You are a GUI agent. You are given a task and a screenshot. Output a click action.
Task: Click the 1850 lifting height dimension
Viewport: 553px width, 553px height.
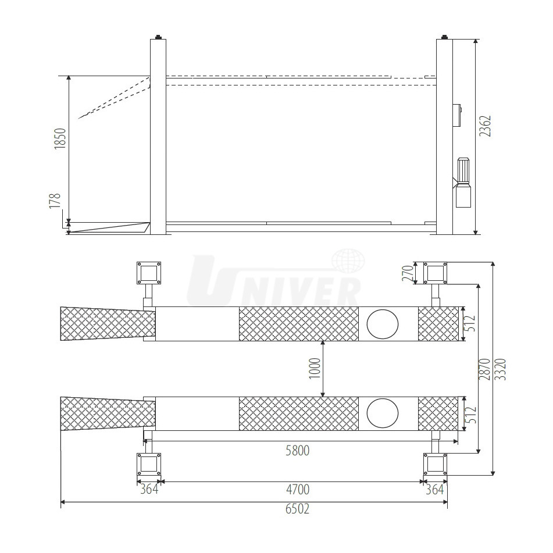click(60, 138)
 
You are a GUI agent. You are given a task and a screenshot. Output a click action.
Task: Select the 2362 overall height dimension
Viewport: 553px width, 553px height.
click(485, 126)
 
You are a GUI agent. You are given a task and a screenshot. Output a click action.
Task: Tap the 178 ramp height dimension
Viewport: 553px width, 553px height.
click(55, 201)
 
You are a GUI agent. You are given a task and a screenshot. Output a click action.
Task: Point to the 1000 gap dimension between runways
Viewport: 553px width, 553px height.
click(315, 369)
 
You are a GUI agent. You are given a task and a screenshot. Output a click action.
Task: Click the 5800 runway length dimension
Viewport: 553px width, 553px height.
click(297, 451)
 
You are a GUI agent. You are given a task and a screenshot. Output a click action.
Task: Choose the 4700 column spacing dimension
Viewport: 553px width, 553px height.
click(298, 489)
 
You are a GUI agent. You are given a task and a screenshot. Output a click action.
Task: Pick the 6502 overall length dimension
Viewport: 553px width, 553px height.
click(297, 509)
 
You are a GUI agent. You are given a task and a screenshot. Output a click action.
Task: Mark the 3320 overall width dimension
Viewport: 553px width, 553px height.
click(501, 369)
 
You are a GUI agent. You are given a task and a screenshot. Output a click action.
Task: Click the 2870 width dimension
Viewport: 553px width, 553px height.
click(484, 369)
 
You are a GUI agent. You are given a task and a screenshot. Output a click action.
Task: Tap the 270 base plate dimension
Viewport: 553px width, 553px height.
click(408, 273)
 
